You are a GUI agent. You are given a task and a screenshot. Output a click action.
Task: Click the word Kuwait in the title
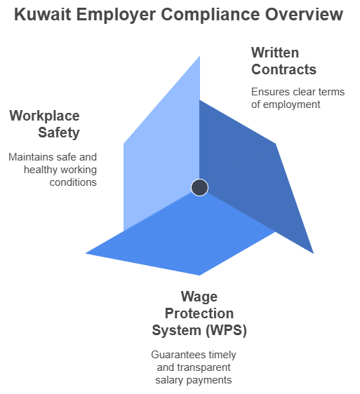43,14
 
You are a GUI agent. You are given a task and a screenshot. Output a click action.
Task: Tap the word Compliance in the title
210,15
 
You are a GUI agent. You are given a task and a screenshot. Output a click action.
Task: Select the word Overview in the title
304,14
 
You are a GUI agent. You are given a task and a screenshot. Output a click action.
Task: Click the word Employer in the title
116,15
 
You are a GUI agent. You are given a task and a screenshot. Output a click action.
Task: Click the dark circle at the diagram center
199,187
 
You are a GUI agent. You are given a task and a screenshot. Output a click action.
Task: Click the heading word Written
275,53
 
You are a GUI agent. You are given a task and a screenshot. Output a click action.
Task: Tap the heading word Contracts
284,69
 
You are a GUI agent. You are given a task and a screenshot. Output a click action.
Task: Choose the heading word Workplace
44,116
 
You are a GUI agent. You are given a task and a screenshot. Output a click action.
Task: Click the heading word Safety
59,133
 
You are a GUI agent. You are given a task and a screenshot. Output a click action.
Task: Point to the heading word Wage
199,297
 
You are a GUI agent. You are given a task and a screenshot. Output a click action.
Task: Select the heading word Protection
199,313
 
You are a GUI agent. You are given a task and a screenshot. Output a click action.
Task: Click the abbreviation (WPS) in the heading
226,330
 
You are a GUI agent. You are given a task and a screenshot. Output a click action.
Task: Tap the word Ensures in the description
270,92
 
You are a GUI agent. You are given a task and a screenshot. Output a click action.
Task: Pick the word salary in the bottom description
169,381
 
